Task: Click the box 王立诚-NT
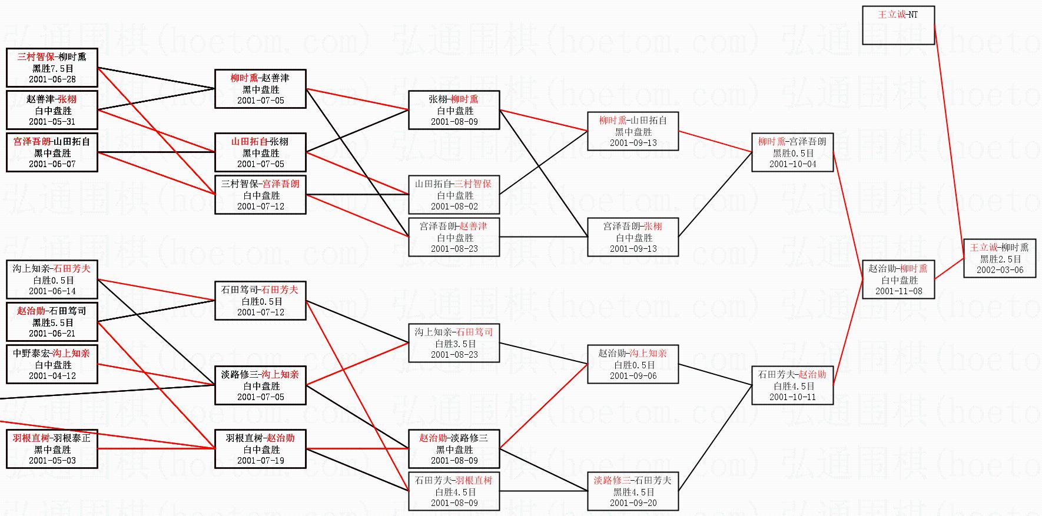tap(898, 25)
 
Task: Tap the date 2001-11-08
tap(898, 291)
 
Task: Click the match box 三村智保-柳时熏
tap(52, 68)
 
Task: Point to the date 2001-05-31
tap(52, 122)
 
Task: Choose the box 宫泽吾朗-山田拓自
tap(52, 152)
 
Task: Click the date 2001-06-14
tap(52, 291)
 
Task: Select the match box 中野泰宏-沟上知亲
tap(52, 364)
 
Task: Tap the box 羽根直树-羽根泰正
tap(52, 449)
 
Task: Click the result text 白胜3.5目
tap(454, 344)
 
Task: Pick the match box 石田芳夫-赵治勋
tap(792, 385)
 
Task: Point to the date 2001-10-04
tap(792, 164)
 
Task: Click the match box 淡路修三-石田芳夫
tap(633, 491)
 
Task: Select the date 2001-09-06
tap(633, 376)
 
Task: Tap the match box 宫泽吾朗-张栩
tap(633, 237)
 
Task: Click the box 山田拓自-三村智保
tap(454, 195)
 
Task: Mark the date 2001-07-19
tap(260, 461)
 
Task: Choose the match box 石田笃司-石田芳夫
tap(260, 301)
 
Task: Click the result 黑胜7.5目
tap(52, 68)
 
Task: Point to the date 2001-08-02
tap(454, 207)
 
